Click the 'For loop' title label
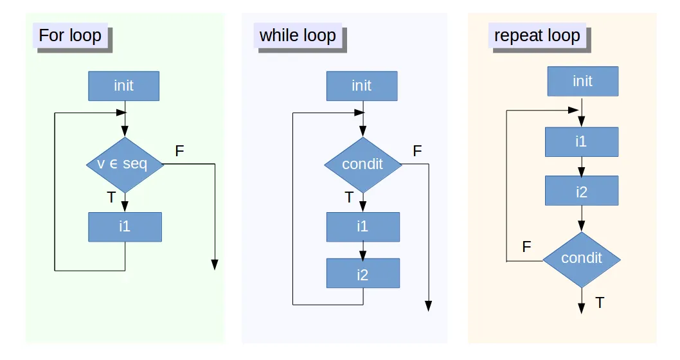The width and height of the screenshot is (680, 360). (70, 35)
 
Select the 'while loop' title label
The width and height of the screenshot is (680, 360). (298, 35)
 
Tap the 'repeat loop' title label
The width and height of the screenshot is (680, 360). (537, 35)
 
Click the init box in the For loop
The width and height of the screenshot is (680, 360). (123, 85)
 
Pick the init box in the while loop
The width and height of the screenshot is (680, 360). (362, 85)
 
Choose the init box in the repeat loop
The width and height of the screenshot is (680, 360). (582, 81)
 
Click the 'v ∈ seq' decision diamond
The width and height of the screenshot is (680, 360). (125, 164)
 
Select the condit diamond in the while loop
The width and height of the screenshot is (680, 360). (363, 164)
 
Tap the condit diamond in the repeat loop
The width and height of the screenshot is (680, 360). (582, 258)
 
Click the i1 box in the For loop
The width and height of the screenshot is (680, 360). (125, 226)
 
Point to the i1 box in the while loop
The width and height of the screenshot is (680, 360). (363, 226)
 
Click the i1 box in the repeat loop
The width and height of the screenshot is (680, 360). (582, 141)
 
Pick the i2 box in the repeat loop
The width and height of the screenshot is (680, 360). (582, 191)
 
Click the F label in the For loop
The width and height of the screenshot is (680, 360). (179, 152)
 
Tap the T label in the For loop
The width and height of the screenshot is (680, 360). (111, 197)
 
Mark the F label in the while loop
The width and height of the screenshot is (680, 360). (417, 152)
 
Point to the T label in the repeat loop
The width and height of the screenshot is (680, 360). (600, 302)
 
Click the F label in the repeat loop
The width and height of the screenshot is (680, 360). (526, 247)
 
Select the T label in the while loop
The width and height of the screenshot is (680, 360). (349, 197)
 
